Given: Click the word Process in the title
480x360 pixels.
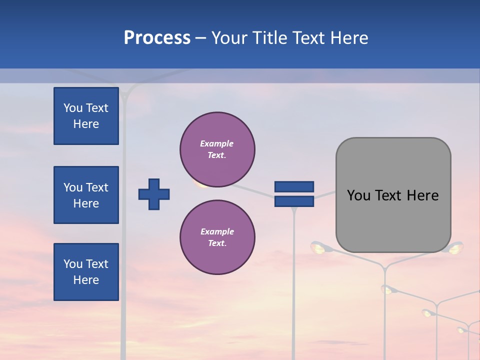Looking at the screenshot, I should coord(157,38).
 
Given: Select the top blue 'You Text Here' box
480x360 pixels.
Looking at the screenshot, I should coord(86,116).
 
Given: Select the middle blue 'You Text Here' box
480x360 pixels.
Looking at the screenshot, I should coord(86,195).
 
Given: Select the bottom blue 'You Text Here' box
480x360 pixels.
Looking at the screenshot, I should coord(86,272).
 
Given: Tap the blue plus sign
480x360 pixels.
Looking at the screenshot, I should coord(154,194).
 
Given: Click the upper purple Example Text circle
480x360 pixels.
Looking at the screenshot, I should coord(217,149).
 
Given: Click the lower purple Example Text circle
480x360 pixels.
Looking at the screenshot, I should coord(217,237).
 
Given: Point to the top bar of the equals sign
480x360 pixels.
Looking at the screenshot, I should coord(294,186).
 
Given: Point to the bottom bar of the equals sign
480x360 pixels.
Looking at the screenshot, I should coord(294,201).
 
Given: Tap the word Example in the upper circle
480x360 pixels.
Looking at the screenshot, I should coord(216,143).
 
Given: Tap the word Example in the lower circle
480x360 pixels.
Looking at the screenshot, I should coord(217,231).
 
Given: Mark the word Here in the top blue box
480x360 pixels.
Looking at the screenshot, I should coord(86,124).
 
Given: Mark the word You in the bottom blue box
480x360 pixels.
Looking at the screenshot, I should coord(72,264).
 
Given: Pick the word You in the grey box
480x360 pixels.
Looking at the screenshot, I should coord(358,195).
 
